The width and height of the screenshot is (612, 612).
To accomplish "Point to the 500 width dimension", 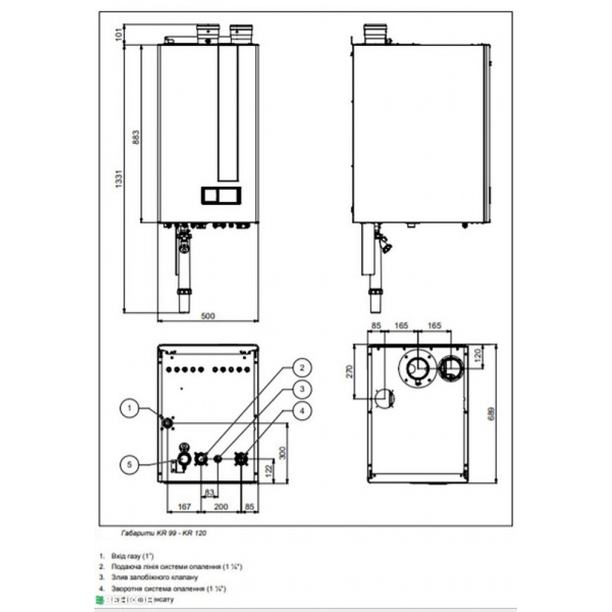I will click(x=208, y=315).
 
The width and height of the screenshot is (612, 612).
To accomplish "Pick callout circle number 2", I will click(x=300, y=368).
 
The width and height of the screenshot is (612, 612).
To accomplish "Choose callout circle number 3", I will click(x=300, y=389).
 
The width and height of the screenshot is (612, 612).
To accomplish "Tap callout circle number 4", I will click(x=300, y=409).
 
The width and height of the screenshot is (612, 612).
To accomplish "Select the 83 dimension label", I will click(x=209, y=492).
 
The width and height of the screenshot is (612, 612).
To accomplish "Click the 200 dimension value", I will click(x=221, y=506).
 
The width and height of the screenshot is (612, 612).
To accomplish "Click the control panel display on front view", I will click(x=220, y=195).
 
